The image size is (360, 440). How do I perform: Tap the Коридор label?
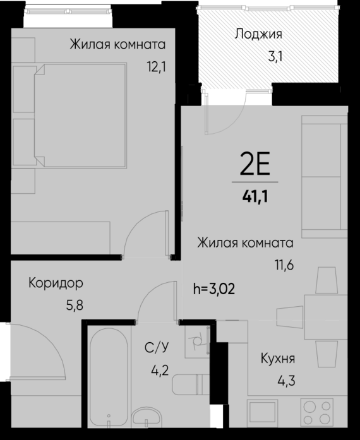coord(56,283)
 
